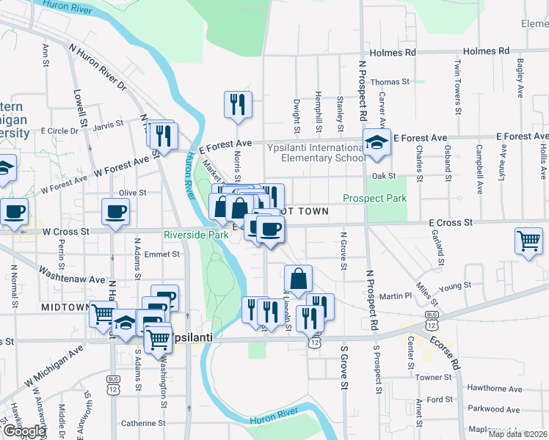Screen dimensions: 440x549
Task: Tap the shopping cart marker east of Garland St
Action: (x=528, y=241)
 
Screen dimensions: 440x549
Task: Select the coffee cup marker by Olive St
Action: (x=114, y=213)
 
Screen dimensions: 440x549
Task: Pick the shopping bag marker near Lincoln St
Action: (x=298, y=279)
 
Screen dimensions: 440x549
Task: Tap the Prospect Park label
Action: (x=374, y=199)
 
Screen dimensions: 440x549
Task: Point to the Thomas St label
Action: (x=389, y=82)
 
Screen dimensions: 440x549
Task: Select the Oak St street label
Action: (x=383, y=176)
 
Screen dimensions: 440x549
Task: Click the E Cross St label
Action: (x=451, y=222)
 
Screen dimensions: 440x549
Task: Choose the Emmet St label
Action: (x=162, y=254)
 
